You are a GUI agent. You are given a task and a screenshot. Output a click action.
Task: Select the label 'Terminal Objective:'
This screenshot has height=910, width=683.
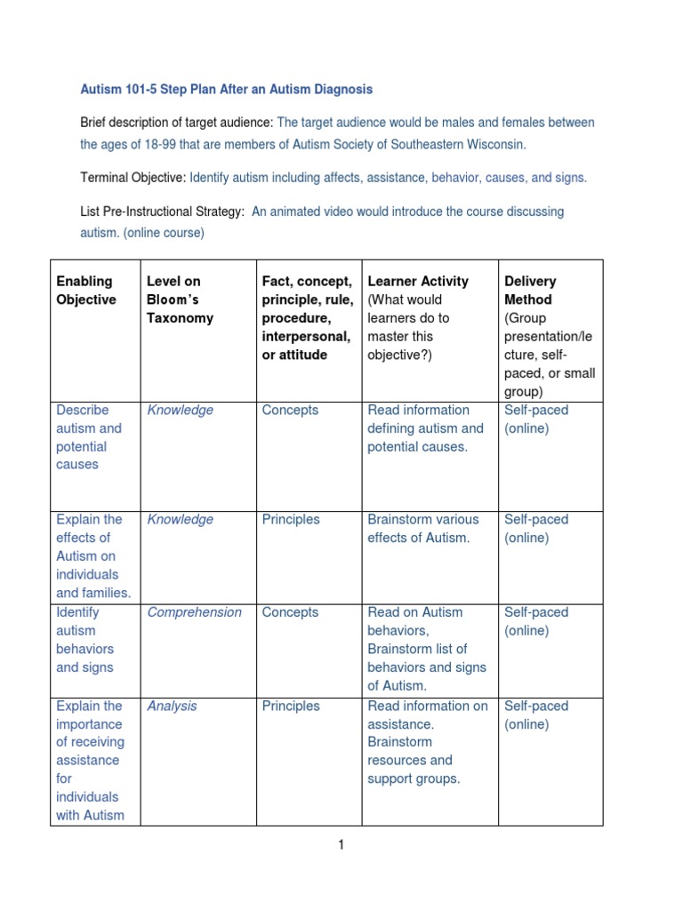tap(133, 178)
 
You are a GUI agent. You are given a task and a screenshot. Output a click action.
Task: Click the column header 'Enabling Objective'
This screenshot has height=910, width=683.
tap(86, 291)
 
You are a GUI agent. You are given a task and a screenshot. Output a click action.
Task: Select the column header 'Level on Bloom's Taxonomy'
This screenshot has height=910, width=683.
tap(180, 299)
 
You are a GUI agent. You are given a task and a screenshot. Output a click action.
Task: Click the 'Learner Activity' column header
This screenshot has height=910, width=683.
tap(418, 282)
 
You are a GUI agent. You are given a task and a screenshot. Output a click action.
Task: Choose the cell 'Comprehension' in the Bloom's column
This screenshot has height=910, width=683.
tap(194, 612)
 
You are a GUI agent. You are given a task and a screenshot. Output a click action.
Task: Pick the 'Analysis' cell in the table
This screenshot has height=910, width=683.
tap(172, 706)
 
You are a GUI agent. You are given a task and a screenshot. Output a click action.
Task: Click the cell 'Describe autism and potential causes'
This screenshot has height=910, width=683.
tap(88, 437)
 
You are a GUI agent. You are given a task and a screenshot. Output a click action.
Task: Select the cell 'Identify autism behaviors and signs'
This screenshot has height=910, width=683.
tap(84, 640)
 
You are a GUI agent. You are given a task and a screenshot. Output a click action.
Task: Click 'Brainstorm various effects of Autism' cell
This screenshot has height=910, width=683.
tap(422, 529)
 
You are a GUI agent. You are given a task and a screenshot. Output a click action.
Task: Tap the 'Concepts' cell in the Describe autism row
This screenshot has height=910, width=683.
tap(290, 411)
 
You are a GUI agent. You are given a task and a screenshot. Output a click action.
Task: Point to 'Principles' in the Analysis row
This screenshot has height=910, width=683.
tap(291, 706)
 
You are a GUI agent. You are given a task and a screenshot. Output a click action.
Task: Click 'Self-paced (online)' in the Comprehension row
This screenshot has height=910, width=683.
tap(536, 621)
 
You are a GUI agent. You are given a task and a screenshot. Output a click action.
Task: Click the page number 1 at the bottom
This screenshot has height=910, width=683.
tap(340, 845)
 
